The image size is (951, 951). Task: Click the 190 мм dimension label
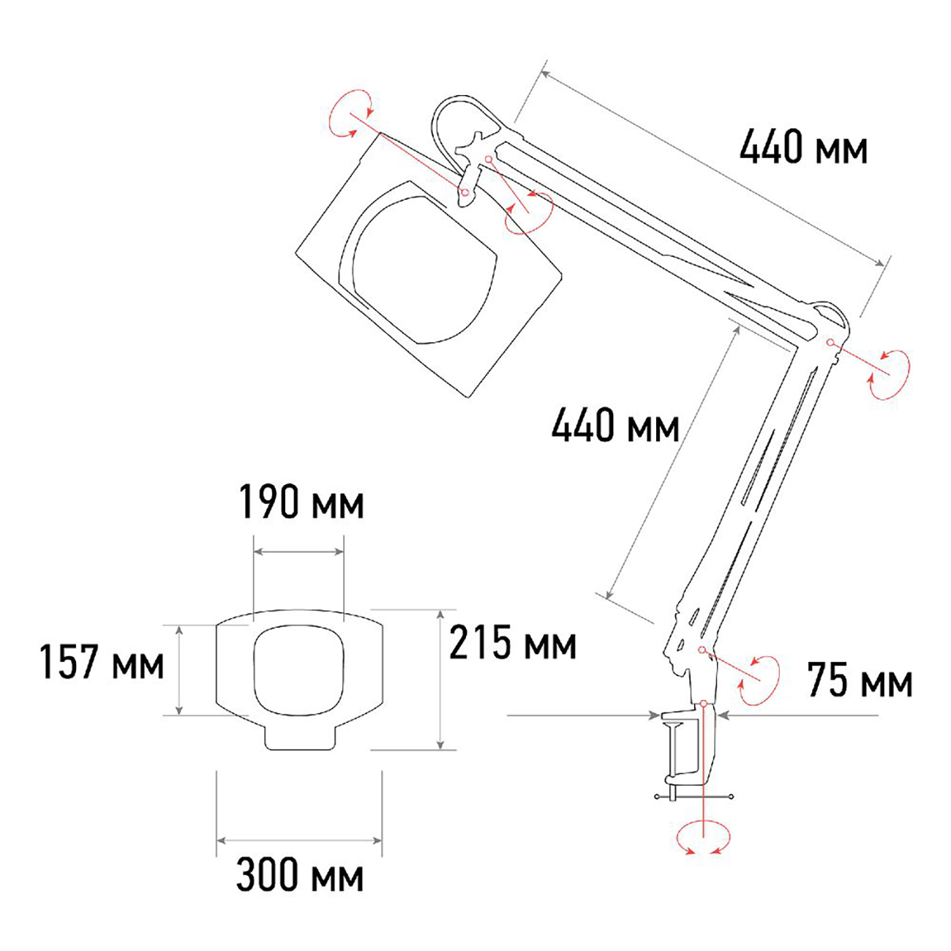(301, 503)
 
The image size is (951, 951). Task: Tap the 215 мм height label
(513, 643)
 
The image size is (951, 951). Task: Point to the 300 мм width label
(300, 875)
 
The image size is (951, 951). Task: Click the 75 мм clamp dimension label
(860, 681)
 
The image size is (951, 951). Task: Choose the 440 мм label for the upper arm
(803, 148)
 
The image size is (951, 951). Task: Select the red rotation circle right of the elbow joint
(890, 374)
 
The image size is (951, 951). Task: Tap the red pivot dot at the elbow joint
(830, 342)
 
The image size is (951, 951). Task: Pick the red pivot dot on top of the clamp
(703, 703)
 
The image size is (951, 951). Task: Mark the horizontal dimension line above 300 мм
(299, 841)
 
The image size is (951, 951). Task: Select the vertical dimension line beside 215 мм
(440, 679)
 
